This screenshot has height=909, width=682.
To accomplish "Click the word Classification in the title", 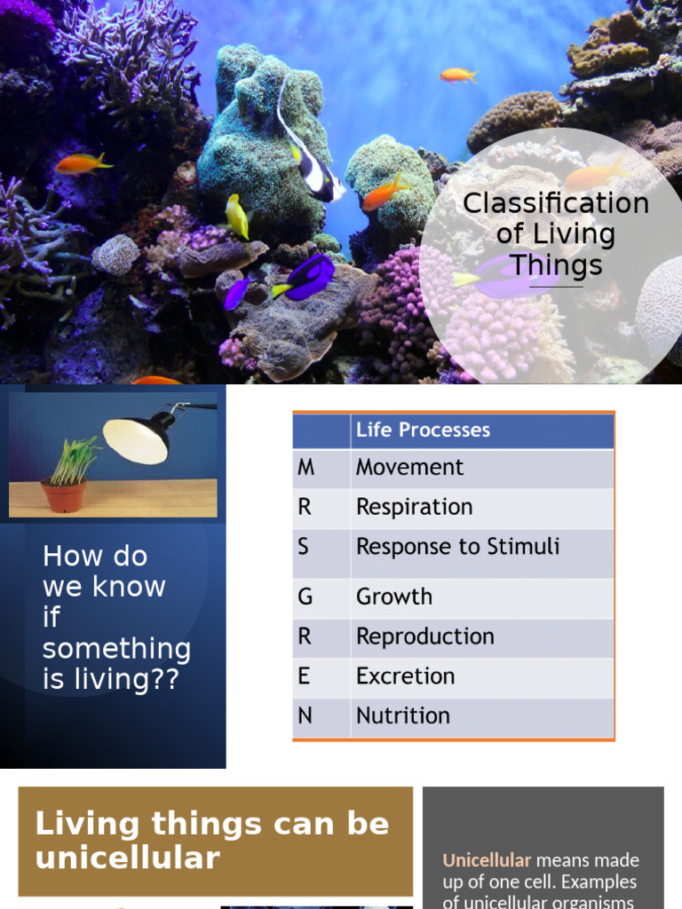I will (x=556, y=203).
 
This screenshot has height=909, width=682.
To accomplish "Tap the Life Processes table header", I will (x=423, y=431).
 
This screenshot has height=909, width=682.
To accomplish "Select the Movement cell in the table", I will (x=409, y=468).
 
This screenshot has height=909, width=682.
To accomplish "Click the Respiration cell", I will (x=414, y=508).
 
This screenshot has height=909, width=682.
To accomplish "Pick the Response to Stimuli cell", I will (x=457, y=547).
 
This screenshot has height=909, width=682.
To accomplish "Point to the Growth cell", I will (x=394, y=597).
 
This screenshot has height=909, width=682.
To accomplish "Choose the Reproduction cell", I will (x=424, y=636).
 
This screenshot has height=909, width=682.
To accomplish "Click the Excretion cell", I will (x=405, y=676).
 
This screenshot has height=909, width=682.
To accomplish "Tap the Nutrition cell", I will (x=403, y=715).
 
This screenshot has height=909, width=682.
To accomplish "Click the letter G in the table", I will (x=305, y=597).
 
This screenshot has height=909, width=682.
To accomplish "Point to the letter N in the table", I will (x=305, y=715).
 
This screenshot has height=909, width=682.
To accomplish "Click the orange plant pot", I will (x=63, y=495).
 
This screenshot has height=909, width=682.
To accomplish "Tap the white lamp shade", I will (x=136, y=440).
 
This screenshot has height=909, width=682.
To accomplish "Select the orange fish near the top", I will (x=458, y=75).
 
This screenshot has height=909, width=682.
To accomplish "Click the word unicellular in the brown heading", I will (x=127, y=858).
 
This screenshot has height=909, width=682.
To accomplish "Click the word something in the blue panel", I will (x=116, y=649).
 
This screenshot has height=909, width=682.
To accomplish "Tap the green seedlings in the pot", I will (x=73, y=460).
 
